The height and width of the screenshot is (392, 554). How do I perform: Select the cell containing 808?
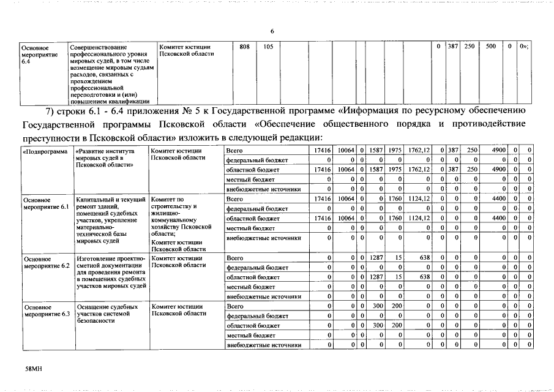[244, 47]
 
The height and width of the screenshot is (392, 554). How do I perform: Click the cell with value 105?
[268, 47]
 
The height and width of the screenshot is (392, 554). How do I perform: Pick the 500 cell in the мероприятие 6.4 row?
[490, 47]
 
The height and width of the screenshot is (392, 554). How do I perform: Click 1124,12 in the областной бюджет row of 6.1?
[419, 218]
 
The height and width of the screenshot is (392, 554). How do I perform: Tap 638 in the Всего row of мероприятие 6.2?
[424, 258]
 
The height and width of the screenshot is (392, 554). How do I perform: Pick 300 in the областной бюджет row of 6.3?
[378, 325]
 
